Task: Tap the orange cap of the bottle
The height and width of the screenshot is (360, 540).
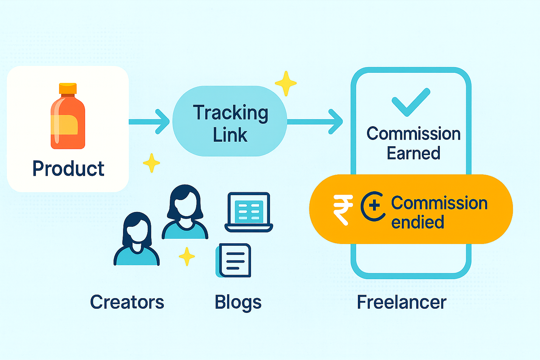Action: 68,88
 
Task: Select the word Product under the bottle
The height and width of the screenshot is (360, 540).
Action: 68,168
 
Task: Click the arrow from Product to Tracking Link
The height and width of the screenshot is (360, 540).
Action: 149,122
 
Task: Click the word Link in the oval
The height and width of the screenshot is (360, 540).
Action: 230,135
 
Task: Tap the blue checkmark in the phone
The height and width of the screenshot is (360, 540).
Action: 411,102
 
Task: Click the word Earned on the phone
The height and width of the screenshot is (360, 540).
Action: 413,153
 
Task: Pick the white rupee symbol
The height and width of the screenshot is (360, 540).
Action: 342,210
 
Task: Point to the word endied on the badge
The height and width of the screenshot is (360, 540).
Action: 418,222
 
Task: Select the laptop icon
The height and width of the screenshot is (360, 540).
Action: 249,212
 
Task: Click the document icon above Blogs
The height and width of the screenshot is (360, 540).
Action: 234,261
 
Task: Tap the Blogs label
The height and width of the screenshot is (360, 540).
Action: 238,302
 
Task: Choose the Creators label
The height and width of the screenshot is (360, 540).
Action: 127,302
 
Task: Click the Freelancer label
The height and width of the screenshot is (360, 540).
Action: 401,302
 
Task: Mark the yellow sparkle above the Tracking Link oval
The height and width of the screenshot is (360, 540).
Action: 286,83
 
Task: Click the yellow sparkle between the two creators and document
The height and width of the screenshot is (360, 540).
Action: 187,256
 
